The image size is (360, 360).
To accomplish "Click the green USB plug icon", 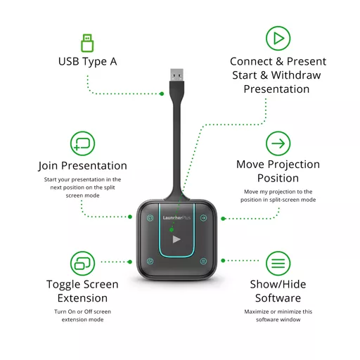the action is (87, 43).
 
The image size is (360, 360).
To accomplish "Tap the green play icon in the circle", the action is (278, 38).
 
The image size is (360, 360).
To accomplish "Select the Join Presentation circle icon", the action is (82, 143).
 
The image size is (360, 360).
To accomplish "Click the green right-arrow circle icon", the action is (278, 143).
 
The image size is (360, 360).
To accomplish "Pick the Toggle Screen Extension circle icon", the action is (82, 263).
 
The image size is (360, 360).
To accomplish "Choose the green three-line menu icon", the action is (278, 263).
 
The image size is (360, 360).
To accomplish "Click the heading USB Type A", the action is (87, 62).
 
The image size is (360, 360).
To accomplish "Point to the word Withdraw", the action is (296, 75).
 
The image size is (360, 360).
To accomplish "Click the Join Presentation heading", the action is (82, 166).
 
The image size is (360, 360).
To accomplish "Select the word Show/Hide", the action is (278, 284).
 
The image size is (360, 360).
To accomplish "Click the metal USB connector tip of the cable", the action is (177, 75).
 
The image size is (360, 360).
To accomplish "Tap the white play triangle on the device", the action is (176, 239).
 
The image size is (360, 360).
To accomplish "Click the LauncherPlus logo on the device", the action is (176, 218).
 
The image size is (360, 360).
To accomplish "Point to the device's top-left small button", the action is (150, 218).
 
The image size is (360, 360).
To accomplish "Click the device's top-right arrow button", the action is (203, 218).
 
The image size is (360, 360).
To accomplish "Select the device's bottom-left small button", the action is (150, 261).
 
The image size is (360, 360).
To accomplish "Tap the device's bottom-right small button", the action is (203, 261).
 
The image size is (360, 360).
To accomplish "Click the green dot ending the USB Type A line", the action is (162, 94).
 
